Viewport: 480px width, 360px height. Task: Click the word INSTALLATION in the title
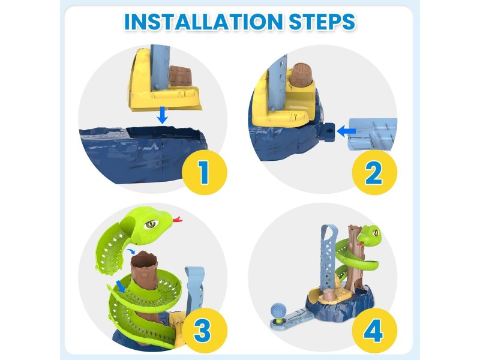(x=203, y=22)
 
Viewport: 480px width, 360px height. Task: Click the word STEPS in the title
(x=322, y=22)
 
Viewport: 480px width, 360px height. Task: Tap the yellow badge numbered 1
(x=204, y=172)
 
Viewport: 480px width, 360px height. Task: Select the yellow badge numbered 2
(x=374, y=172)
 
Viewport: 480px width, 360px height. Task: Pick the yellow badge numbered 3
(x=204, y=331)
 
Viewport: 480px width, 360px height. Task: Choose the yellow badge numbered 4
(x=374, y=331)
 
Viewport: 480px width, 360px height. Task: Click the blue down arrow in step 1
(x=163, y=115)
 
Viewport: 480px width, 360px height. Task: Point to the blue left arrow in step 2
(x=347, y=131)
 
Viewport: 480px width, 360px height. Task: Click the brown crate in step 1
(x=181, y=76)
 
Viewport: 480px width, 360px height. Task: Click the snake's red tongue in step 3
(x=177, y=219)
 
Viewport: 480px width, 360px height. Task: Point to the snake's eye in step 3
(x=151, y=224)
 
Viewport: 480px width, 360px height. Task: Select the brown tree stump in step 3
(x=144, y=269)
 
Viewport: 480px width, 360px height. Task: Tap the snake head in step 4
(x=369, y=233)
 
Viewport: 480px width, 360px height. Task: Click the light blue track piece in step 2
(x=373, y=134)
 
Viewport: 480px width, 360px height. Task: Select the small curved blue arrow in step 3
(x=130, y=251)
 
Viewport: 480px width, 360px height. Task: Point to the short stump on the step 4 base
(x=329, y=296)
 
